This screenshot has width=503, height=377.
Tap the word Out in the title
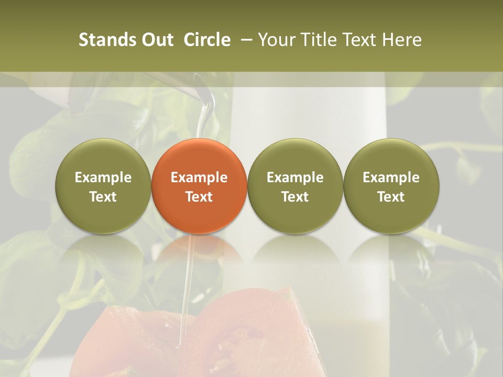pyautogui.click(x=156, y=40)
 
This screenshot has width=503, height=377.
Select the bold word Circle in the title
pyautogui.click(x=207, y=40)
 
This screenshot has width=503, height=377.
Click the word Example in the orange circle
pyautogui.click(x=199, y=178)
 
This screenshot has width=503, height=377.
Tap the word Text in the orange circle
pyautogui.click(x=199, y=197)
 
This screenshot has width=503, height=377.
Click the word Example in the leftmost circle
pyautogui.click(x=103, y=178)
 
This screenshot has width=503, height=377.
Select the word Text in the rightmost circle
pyautogui.click(x=391, y=197)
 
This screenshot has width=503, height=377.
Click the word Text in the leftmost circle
pyautogui.click(x=103, y=197)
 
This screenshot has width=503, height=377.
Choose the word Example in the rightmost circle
pyautogui.click(x=391, y=178)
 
